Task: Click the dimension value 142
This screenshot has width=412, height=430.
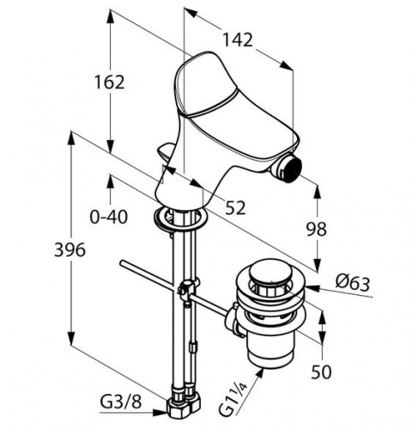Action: [238, 40]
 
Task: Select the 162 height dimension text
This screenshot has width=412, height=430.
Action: [110, 83]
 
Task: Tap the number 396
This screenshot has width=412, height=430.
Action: [70, 249]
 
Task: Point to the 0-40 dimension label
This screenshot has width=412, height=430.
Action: [109, 217]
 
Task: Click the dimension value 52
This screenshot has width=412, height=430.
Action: [235, 207]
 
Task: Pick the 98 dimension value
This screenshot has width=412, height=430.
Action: [317, 229]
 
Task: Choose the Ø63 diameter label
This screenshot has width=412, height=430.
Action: [353, 284]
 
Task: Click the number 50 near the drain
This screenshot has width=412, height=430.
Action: [321, 372]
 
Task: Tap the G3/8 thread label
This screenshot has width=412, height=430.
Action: [121, 402]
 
